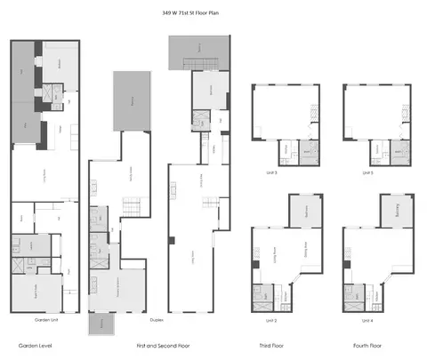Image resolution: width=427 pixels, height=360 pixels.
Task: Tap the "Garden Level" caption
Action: click(x=36, y=344)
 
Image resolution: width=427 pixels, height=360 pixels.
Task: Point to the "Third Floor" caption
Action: click(x=271, y=344)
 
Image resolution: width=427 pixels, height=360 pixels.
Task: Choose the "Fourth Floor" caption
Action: click(x=367, y=344)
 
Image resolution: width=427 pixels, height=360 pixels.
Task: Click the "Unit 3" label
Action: click(x=270, y=172)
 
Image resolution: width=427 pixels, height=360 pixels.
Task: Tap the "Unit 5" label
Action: click(x=367, y=172)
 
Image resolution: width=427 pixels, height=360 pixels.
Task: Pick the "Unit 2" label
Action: click(x=270, y=319)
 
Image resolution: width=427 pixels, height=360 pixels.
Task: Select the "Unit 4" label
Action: click(x=367, y=319)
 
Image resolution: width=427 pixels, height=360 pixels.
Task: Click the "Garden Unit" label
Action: click(x=45, y=319)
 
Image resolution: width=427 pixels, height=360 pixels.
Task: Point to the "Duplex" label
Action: click(x=155, y=319)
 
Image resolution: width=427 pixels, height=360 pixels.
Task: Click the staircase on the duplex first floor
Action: click(x=129, y=208)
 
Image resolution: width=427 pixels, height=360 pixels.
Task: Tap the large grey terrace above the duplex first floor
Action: click(x=128, y=101)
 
